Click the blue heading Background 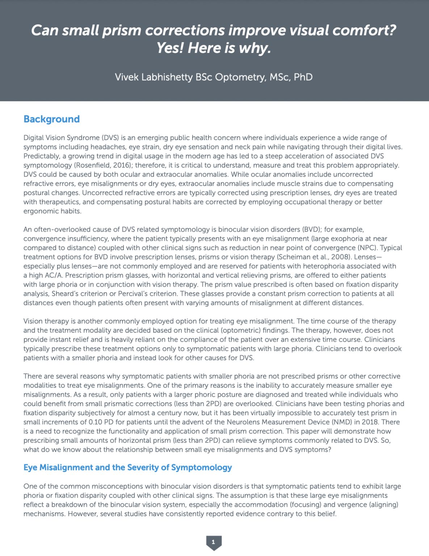[51, 119]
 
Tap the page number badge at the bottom [214, 542]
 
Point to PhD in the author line [303, 77]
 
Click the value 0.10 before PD [98, 422]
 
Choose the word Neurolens [242, 422]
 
